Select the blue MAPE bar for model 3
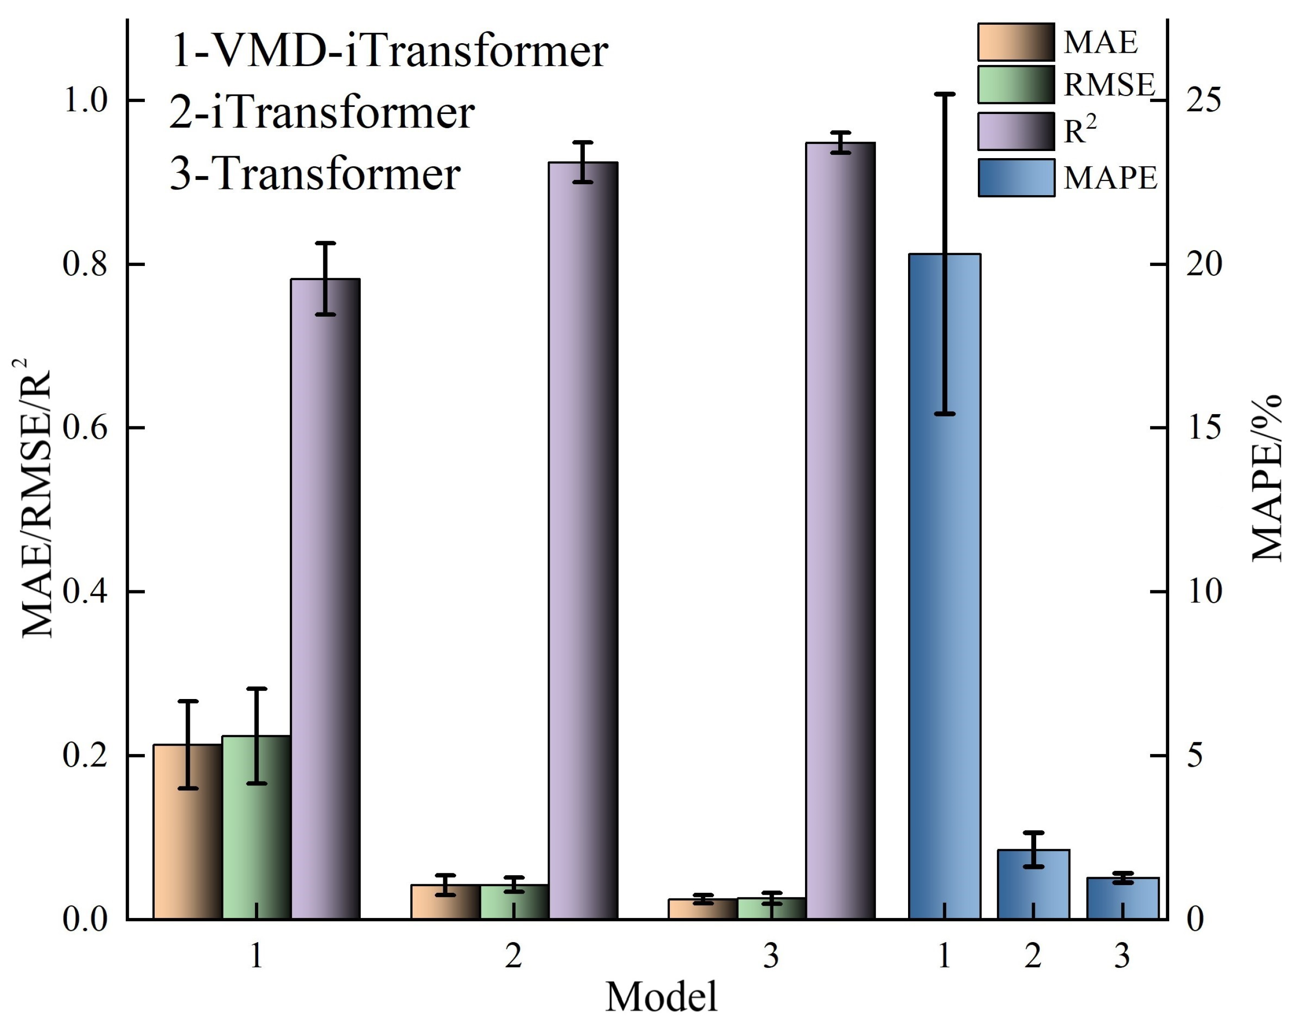[1122, 898]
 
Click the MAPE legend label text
[1110, 178]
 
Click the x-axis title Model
[661, 997]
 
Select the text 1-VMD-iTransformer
[389, 51]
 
